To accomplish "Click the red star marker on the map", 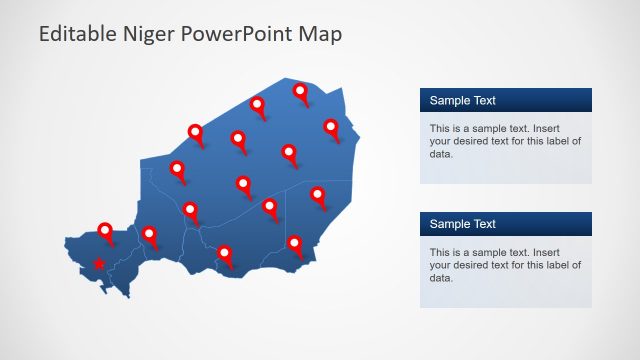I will click(98, 265).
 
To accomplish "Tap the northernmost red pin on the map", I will click(300, 92).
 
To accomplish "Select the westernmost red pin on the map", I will click(105, 231).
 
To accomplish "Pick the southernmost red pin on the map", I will click(225, 254).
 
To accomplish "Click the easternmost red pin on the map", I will click(331, 127).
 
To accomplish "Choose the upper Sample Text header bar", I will click(505, 100).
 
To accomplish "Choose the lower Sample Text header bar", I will click(505, 224).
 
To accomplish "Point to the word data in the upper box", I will click(441, 154).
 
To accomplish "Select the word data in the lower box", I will click(441, 278).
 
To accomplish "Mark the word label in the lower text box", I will click(553, 265).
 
